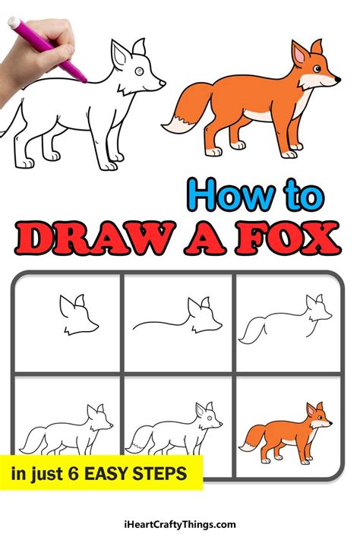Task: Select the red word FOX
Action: (292, 238)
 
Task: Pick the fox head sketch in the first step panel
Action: (77, 316)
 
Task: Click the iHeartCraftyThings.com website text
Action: (179, 524)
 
